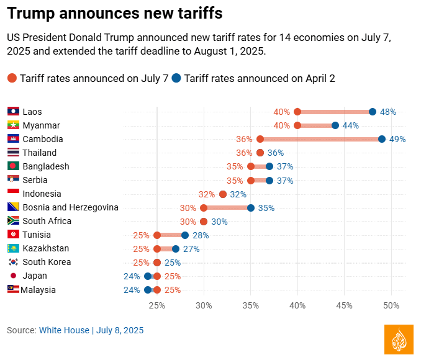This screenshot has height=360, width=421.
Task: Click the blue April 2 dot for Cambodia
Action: [x=382, y=139]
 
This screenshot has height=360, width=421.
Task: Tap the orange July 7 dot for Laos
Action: [x=297, y=112]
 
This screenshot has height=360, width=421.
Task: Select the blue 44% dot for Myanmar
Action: [x=335, y=125]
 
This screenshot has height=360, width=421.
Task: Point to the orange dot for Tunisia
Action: [x=157, y=235]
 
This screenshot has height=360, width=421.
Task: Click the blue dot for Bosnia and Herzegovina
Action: [x=251, y=208]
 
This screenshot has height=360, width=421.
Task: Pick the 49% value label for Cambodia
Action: [x=397, y=139]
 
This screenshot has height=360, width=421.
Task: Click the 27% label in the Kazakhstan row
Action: [x=191, y=249]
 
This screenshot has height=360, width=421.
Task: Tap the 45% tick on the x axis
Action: [x=345, y=305]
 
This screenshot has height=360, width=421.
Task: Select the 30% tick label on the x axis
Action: [x=204, y=305]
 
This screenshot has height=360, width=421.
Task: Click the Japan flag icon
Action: [x=13, y=276]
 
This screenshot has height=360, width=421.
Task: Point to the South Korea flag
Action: [x=13, y=262]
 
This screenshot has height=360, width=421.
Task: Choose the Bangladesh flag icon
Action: [x=13, y=166]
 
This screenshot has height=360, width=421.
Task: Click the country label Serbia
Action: [x=37, y=180]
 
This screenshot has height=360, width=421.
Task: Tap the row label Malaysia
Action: [x=38, y=290]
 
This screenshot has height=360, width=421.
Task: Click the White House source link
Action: [x=64, y=330]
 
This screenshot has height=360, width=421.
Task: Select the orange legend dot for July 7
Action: [x=12, y=78]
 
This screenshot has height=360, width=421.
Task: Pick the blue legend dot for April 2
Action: [x=176, y=78]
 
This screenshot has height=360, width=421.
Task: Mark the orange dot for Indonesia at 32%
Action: [x=223, y=194]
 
